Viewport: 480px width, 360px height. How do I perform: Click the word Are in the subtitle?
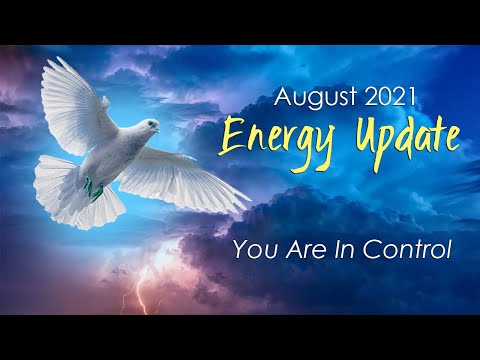click(x=293, y=249)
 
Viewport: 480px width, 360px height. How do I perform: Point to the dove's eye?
click(x=151, y=124)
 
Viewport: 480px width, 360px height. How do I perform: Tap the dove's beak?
click(x=159, y=128)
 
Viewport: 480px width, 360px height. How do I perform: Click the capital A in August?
click(x=282, y=98)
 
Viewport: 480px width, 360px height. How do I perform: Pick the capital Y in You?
click(x=240, y=249)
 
